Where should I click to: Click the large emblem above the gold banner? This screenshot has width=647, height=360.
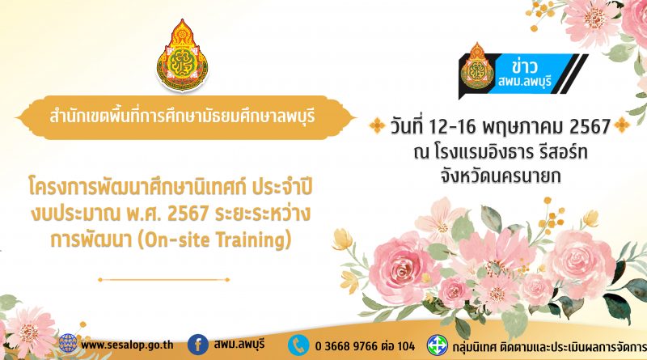pyautogui.click(x=183, y=55)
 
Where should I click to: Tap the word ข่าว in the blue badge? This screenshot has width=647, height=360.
pyautogui.click(x=524, y=66)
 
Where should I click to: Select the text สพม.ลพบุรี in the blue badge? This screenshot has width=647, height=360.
pyautogui.click(x=524, y=81)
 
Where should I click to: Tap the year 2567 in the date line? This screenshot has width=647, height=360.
pyautogui.click(x=590, y=126)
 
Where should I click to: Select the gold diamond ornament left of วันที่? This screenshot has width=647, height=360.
pyautogui.click(x=377, y=125)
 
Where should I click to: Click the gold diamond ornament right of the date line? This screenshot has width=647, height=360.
pyautogui.click(x=622, y=125)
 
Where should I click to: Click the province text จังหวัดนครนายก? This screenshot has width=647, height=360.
pyautogui.click(x=501, y=176)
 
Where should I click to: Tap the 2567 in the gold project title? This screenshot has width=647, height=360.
pyautogui.click(x=188, y=214)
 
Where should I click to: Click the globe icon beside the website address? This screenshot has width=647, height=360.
pyautogui.click(x=68, y=344)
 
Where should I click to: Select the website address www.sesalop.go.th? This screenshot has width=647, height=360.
pyautogui.click(x=127, y=345)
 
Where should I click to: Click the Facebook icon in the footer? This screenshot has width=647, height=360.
pyautogui.click(x=197, y=345)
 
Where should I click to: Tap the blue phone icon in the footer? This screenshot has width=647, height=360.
pyautogui.click(x=298, y=345)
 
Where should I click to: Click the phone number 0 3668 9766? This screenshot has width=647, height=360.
pyautogui.click(x=347, y=346)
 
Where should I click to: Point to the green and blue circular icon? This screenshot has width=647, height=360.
pyautogui.click(x=437, y=345)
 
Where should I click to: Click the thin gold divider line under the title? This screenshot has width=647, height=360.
pyautogui.click(x=164, y=280)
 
